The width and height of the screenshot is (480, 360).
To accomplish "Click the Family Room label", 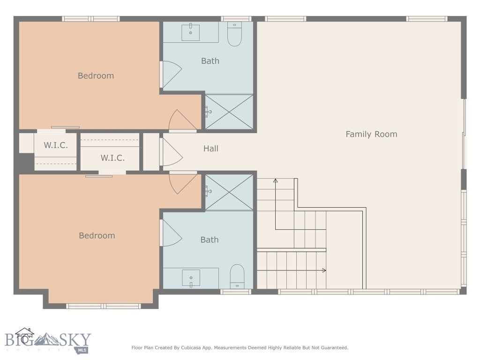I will tap(371, 134).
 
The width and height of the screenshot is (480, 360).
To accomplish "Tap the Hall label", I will tap(210, 149).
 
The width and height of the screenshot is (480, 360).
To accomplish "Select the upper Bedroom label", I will tap(96, 76).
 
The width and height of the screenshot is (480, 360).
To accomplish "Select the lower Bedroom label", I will tap(97, 236).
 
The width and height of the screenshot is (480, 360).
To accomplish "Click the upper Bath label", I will tap(210, 61).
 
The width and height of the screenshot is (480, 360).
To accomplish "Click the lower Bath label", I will tap(210, 240).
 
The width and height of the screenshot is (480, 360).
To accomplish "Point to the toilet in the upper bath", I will tap(234, 34).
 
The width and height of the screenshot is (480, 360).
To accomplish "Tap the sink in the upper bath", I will tap(191, 32).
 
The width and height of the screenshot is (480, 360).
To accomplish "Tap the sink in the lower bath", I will tap(191, 278).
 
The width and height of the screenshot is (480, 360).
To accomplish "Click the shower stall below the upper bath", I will tap(229, 112).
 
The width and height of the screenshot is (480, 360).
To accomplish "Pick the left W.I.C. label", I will tap(56, 145).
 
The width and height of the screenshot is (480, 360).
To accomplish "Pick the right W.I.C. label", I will tap(112, 158).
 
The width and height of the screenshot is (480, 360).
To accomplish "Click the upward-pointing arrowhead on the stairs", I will tap(276, 180).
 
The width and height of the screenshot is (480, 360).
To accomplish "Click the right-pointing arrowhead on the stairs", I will tap(324, 270).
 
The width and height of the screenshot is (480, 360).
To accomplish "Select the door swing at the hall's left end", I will tap(171, 151).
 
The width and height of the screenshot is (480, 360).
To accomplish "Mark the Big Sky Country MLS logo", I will tap(47, 341).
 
